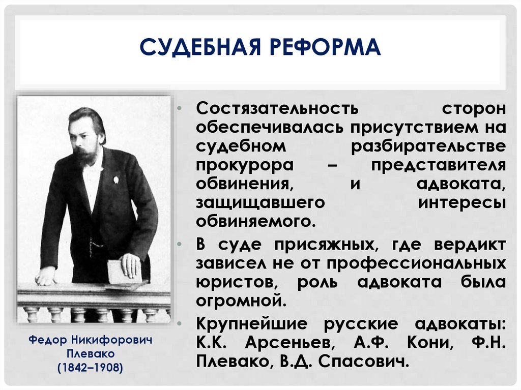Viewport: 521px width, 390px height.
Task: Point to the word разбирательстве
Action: coord(428,146)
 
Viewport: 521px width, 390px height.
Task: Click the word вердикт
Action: coord(470,244)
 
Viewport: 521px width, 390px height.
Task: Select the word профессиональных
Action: coord(416,263)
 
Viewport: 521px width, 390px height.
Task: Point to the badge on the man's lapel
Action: coord(115,179)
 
